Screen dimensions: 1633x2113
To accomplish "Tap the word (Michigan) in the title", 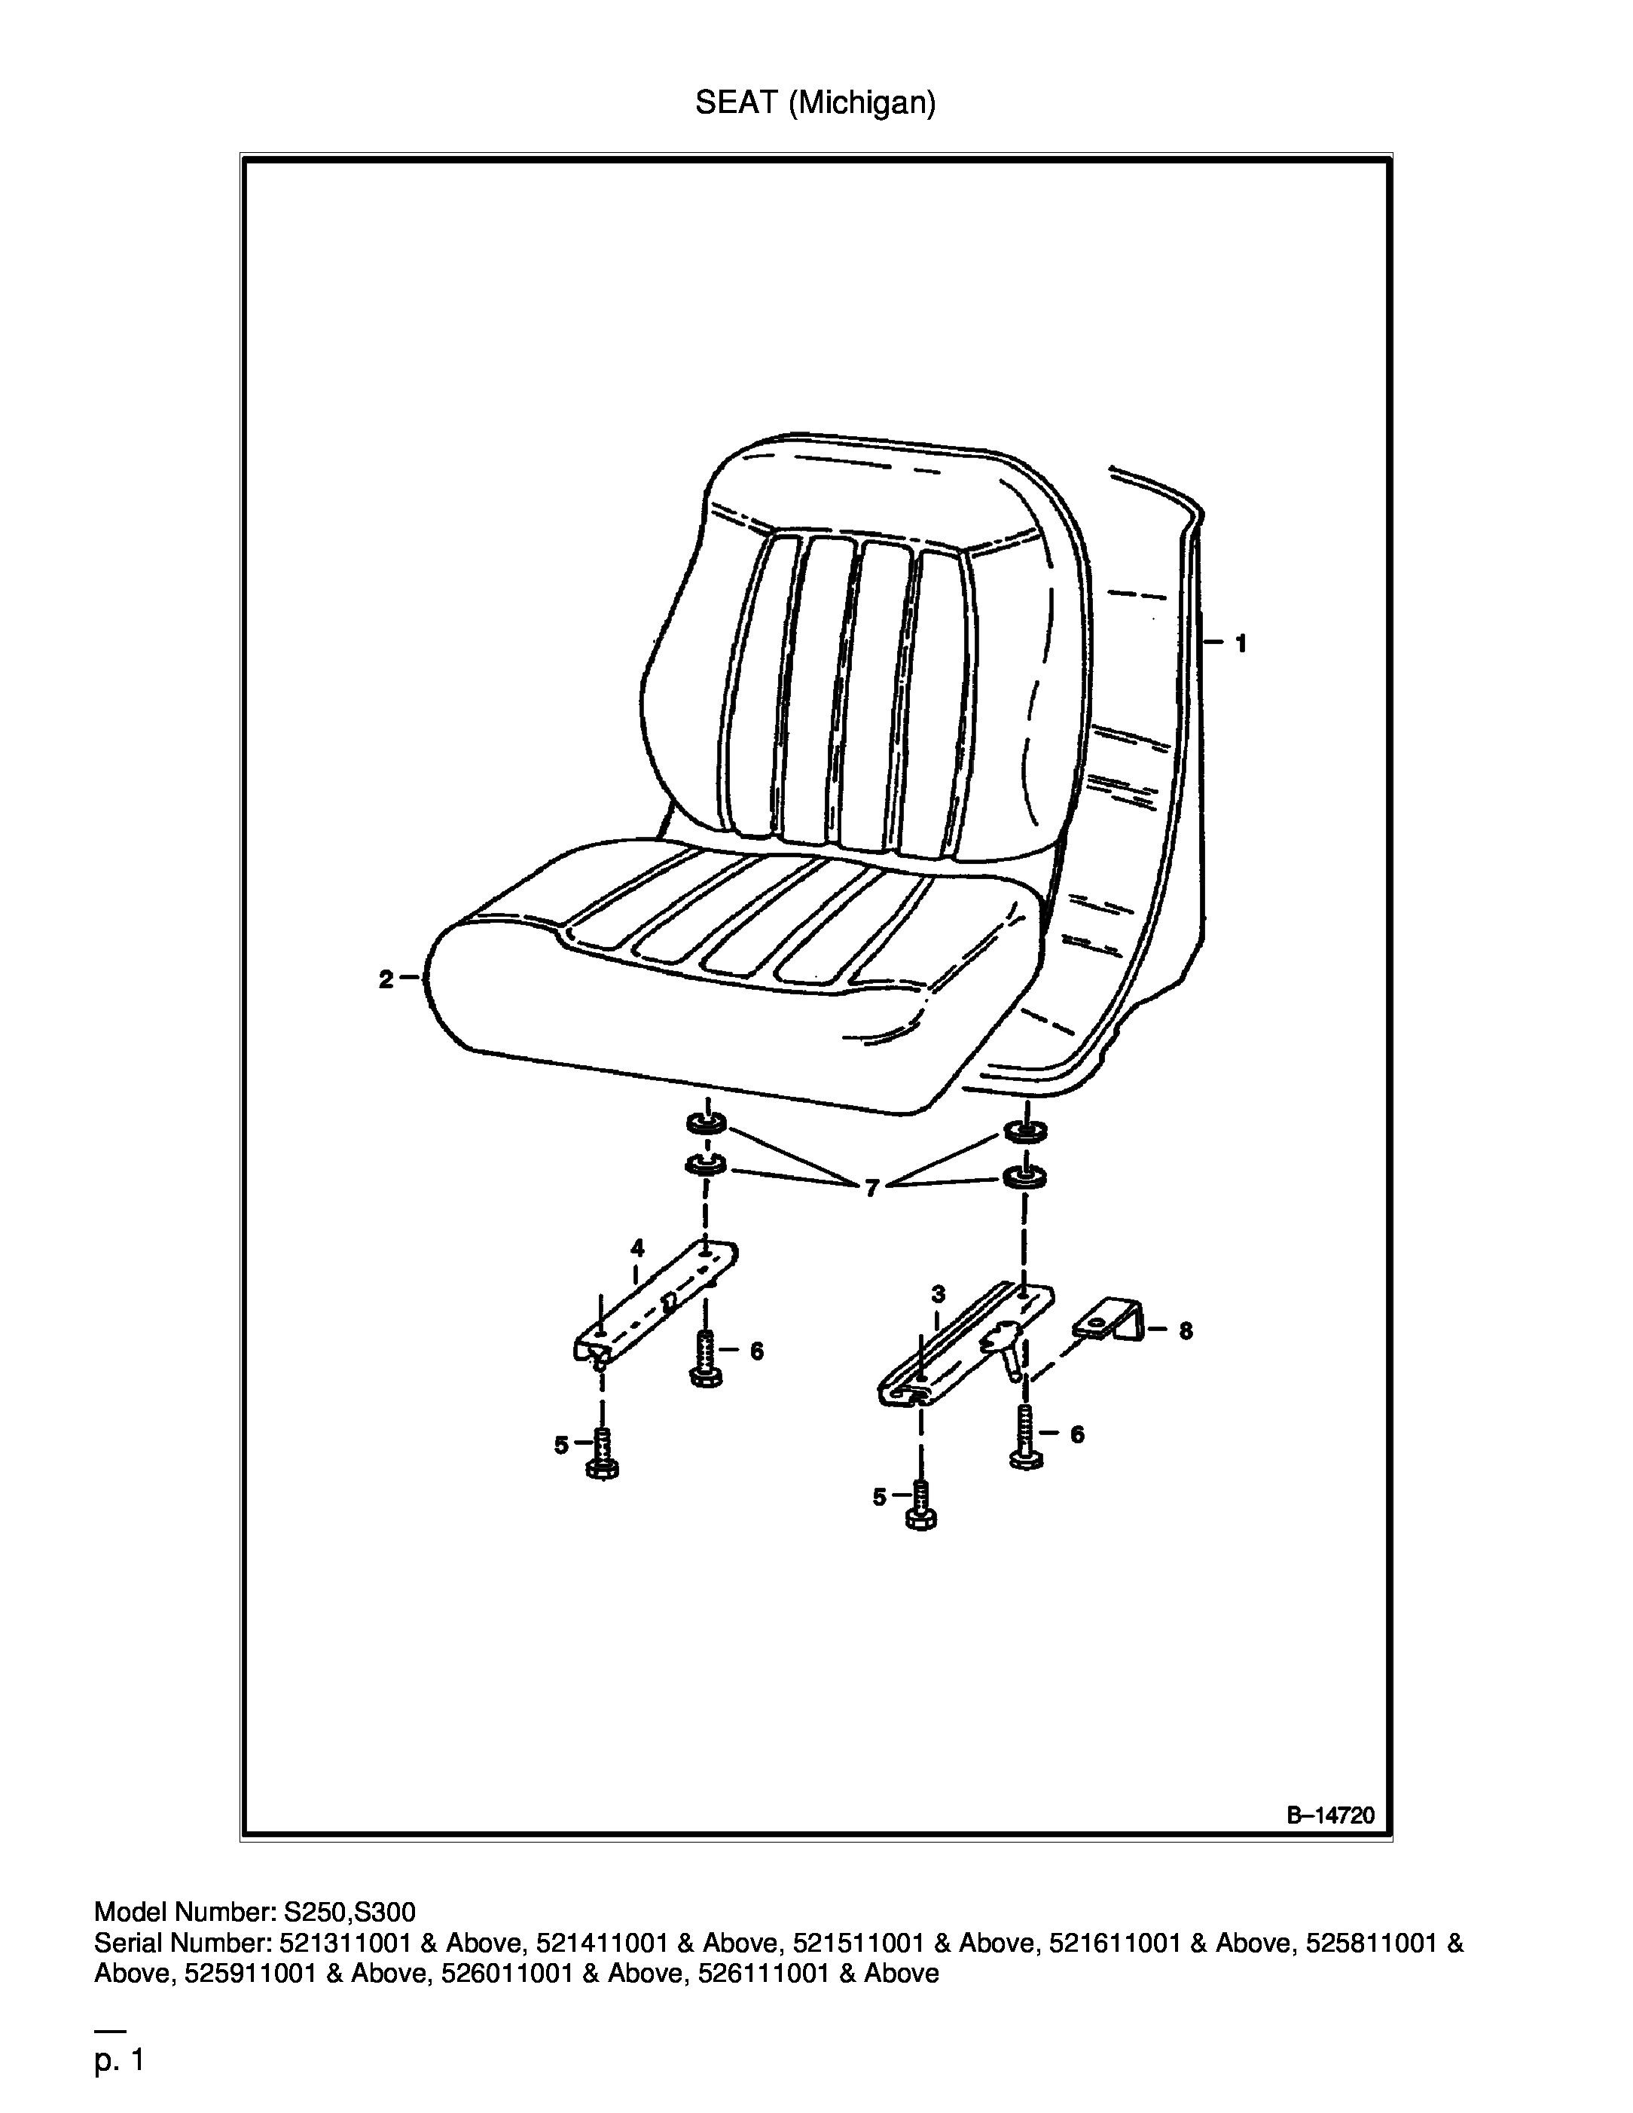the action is [x=862, y=103].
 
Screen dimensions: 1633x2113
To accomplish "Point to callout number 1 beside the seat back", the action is [x=1241, y=643].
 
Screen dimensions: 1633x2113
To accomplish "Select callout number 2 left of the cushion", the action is [x=386, y=979].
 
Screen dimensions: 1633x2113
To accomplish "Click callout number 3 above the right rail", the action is [x=938, y=1293].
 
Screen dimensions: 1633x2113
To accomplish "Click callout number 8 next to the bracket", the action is [x=1185, y=1331].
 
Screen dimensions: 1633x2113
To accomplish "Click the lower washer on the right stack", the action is [x=1024, y=1177].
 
